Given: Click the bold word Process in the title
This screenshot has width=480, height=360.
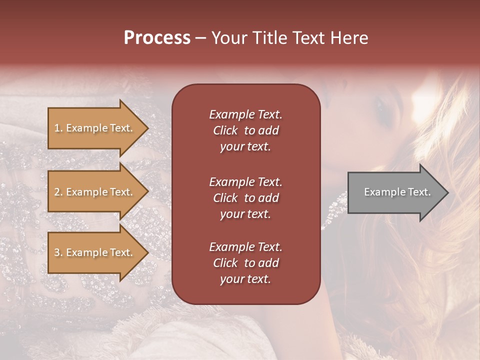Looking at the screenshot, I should point(157,38).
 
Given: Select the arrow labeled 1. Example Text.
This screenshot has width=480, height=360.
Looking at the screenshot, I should point(95,128).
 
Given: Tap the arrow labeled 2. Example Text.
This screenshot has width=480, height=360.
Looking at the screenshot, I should point(95,192).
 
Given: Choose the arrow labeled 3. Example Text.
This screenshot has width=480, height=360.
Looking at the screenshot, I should point(95,252).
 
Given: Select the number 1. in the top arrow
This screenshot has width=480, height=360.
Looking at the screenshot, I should point(58,128).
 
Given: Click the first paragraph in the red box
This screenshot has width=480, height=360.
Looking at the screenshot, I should point(245,130).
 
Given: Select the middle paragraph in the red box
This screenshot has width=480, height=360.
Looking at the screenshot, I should point(245,197).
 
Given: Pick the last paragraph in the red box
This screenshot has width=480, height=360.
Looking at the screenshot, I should point(245,263).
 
